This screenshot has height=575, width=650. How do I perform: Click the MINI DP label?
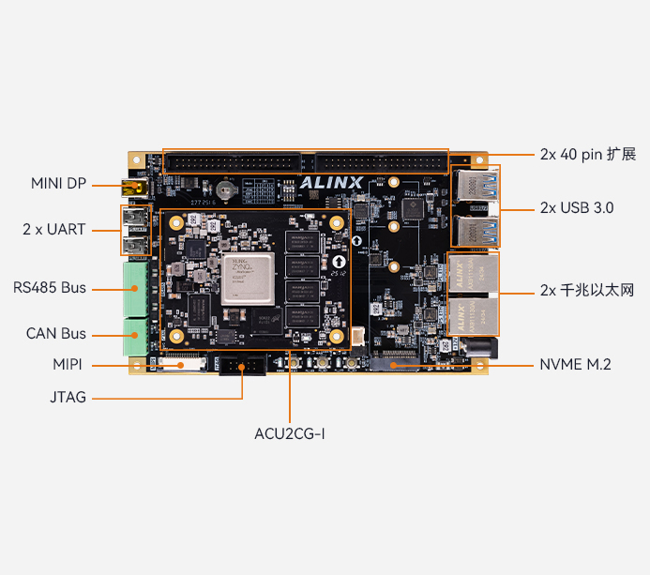click(x=58, y=183)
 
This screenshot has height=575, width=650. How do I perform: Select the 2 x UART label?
click(x=54, y=229)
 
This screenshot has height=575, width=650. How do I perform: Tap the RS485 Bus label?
click(x=50, y=287)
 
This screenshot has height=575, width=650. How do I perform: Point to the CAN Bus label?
click(x=55, y=333)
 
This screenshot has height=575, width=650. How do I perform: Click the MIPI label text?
click(x=68, y=364)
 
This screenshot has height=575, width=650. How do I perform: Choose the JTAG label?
click(x=68, y=397)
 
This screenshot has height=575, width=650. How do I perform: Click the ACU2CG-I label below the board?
click(x=289, y=433)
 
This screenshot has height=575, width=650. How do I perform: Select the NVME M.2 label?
click(x=575, y=364)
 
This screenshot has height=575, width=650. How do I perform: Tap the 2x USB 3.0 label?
click(x=577, y=207)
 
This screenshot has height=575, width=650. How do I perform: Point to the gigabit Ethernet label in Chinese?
click(x=587, y=290)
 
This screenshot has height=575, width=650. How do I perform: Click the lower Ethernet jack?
click(x=474, y=316)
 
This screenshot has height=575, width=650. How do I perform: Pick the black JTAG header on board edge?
click(x=242, y=365)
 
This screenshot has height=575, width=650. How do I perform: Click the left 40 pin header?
click(x=232, y=161)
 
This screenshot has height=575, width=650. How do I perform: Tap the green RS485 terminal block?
click(x=135, y=287)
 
